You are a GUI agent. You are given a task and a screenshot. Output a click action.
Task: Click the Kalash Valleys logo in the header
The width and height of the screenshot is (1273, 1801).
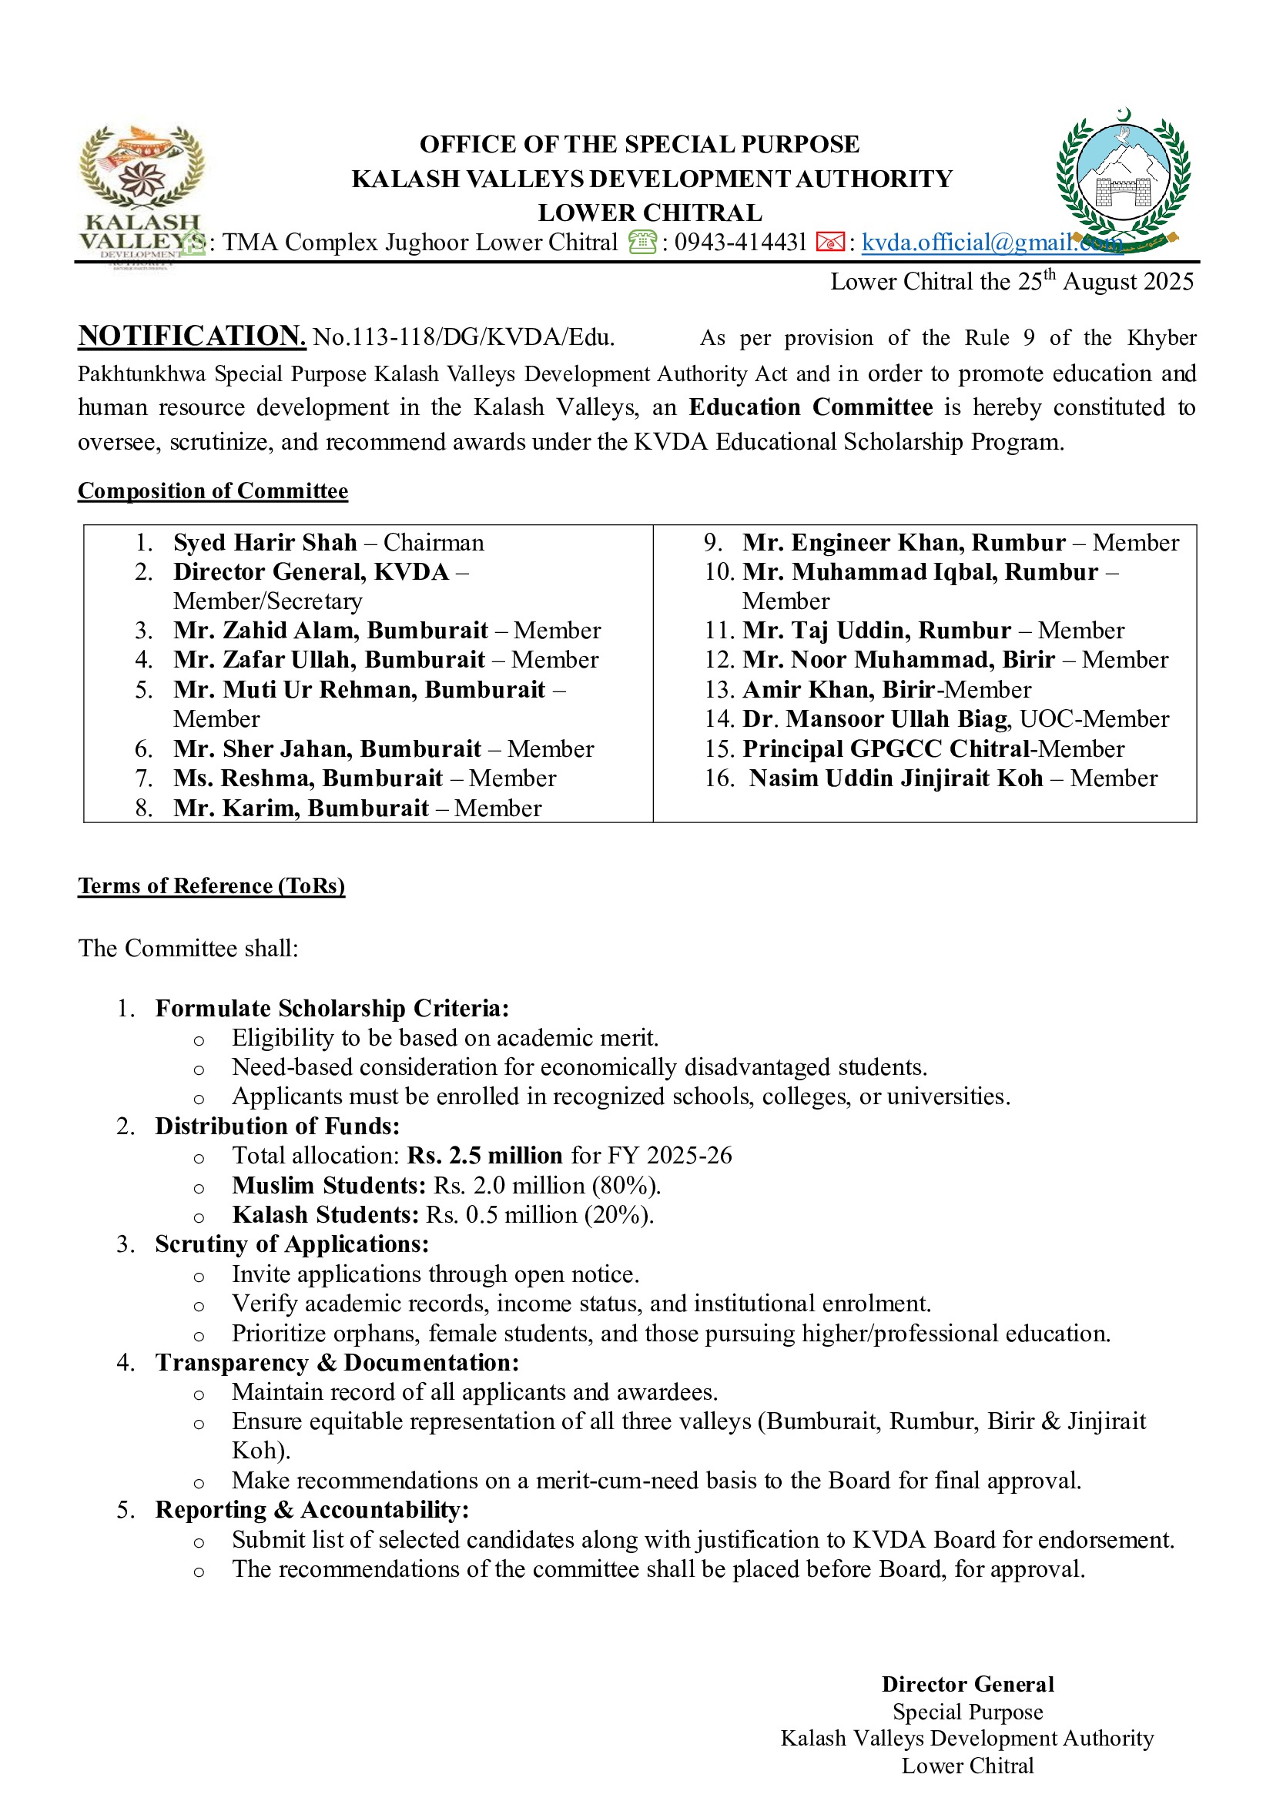click(x=141, y=192)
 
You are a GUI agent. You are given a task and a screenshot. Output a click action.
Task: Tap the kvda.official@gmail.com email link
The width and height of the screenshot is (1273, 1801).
click(x=991, y=243)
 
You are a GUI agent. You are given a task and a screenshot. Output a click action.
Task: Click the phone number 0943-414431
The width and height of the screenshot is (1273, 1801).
click(x=739, y=243)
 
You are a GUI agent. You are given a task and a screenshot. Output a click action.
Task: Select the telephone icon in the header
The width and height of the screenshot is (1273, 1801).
click(x=642, y=243)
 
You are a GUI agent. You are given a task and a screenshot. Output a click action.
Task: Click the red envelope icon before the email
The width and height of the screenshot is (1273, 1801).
click(x=830, y=243)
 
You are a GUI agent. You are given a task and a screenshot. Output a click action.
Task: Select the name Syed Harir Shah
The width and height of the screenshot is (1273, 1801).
click(x=265, y=543)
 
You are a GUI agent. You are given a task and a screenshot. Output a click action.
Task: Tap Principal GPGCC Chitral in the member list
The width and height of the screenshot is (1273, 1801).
click(x=886, y=749)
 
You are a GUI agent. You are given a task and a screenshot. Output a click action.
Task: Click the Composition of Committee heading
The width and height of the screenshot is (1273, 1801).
click(x=213, y=491)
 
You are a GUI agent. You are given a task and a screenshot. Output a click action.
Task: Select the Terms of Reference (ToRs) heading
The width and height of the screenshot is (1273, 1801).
click(x=211, y=885)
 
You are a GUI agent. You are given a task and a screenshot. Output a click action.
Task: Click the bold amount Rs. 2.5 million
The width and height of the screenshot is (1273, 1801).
click(x=484, y=1156)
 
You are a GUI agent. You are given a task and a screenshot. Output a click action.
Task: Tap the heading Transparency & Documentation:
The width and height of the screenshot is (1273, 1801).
click(x=337, y=1363)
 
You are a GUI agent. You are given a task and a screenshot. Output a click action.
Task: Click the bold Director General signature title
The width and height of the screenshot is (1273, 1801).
click(x=967, y=1684)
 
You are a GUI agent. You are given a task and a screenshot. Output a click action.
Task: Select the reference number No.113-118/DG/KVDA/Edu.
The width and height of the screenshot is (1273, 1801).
click(x=464, y=337)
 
